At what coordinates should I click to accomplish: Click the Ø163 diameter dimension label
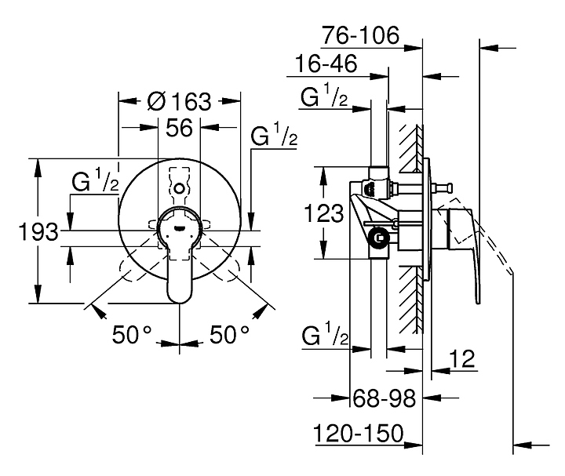pyautogui.click(x=179, y=101)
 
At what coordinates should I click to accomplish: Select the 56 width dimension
pyautogui.click(x=179, y=128)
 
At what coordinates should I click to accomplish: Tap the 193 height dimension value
pyautogui.click(x=38, y=231)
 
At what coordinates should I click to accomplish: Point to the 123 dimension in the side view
pyautogui.click(x=324, y=213)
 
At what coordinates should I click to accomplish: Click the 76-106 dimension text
pyautogui.click(x=361, y=35)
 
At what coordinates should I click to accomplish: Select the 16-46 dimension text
pyautogui.click(x=326, y=64)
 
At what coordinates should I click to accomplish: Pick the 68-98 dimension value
pyautogui.click(x=384, y=398)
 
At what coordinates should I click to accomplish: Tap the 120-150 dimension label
pyautogui.click(x=359, y=433)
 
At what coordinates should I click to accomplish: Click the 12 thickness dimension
pyautogui.click(x=462, y=358)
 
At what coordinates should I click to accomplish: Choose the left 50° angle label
pyautogui.click(x=132, y=334)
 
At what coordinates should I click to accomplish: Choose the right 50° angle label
pyautogui.click(x=229, y=334)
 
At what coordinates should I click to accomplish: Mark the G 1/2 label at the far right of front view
pyautogui.click(x=274, y=134)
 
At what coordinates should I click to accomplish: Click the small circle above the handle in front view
pyautogui.click(x=179, y=188)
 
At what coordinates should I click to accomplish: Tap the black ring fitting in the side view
pyautogui.click(x=378, y=238)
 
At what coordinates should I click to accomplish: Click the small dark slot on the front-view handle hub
pyautogui.click(x=179, y=227)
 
